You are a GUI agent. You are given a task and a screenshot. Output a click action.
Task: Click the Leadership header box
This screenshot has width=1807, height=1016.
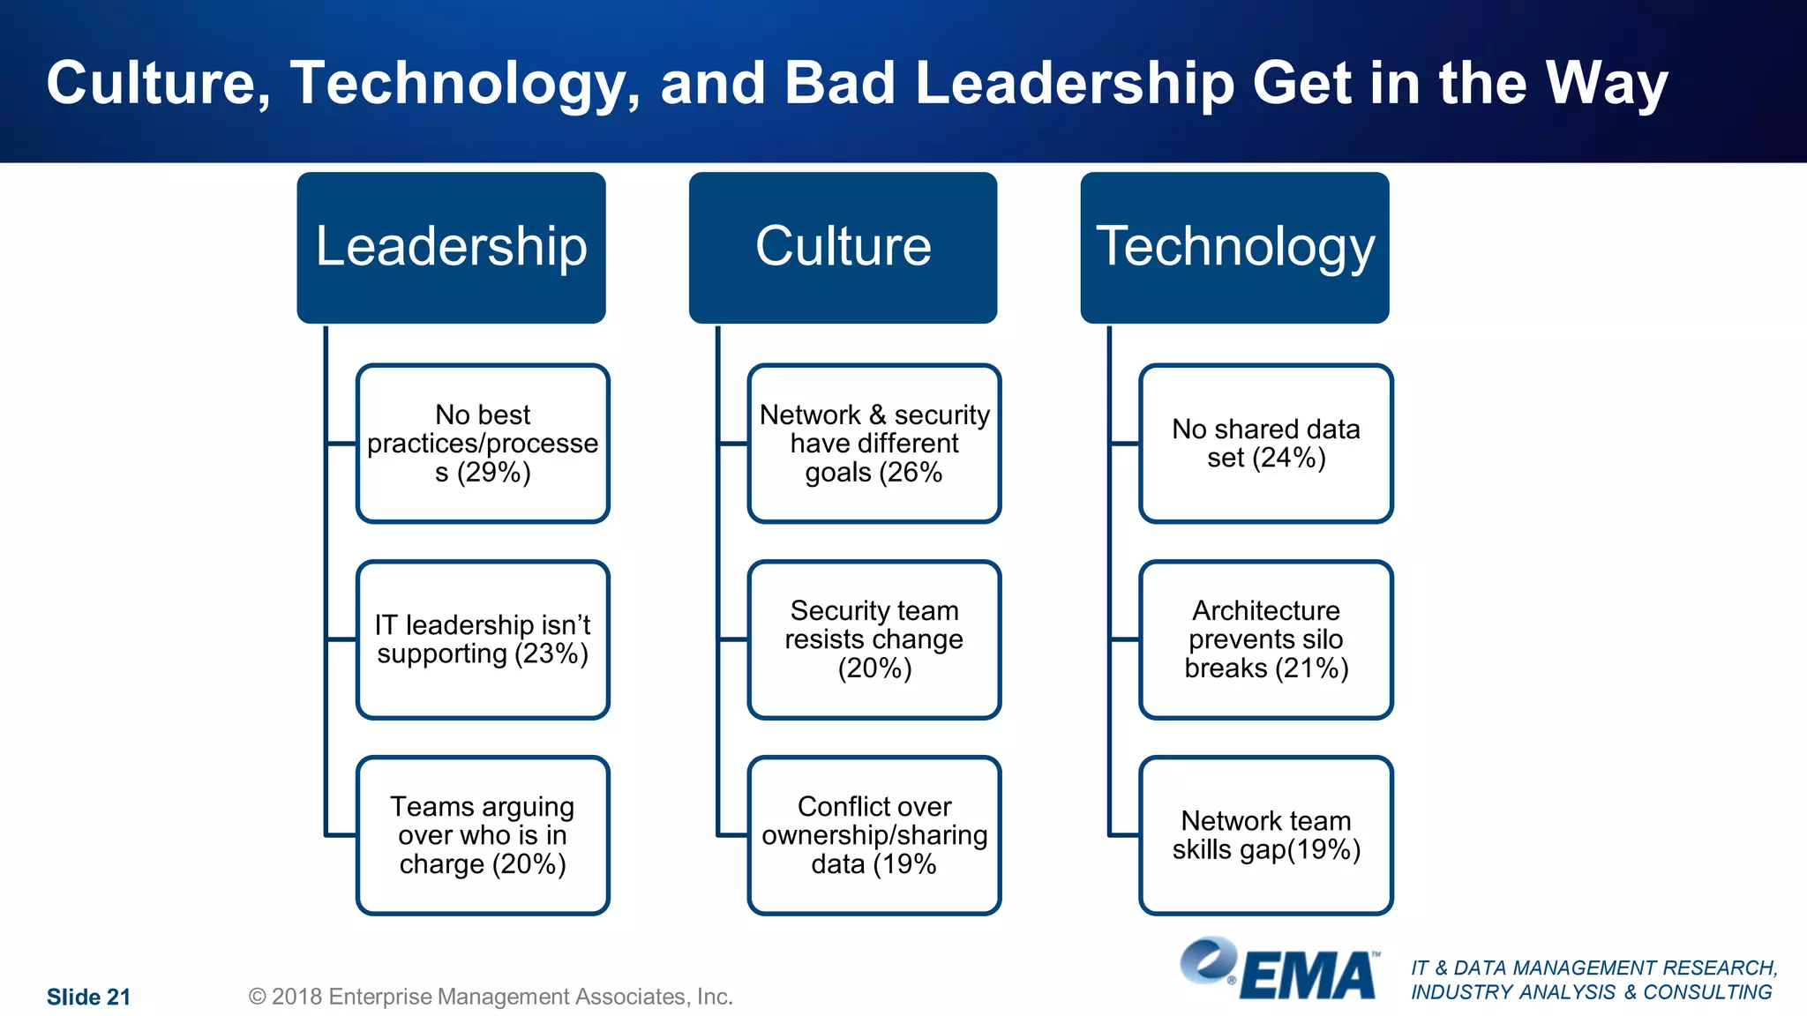coord(451,247)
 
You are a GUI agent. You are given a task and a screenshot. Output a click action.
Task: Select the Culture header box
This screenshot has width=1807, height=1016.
coord(843,247)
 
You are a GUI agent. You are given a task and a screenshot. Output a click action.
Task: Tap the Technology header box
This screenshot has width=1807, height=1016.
coord(1234,247)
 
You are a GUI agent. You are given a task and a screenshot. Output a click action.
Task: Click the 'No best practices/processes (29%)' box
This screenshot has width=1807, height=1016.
coord(483,443)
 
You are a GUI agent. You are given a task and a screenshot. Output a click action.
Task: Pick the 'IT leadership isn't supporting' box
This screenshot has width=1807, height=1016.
coord(483,639)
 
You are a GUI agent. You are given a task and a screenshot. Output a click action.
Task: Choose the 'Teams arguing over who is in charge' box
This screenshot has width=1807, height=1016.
coord(483,835)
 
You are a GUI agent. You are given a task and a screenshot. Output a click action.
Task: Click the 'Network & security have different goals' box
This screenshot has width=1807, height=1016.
coord(874,443)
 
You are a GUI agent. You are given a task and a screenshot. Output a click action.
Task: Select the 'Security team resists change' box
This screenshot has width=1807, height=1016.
coord(874,639)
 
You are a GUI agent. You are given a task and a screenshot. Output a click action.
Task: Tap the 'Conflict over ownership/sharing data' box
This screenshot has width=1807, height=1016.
coord(874,835)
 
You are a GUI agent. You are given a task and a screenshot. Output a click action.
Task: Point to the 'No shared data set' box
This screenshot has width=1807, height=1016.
coord(1266,443)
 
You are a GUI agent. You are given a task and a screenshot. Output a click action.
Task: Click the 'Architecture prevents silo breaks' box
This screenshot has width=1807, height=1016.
coord(1266,639)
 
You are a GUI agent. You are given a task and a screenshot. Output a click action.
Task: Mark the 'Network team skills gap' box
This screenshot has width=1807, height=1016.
coord(1266,835)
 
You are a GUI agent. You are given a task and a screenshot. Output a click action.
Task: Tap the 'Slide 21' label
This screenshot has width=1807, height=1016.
coord(88,997)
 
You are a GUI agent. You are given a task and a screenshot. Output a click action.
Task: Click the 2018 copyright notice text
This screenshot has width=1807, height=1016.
coord(491,997)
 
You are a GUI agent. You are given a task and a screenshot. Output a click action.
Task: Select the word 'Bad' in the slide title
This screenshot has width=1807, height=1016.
coord(839,84)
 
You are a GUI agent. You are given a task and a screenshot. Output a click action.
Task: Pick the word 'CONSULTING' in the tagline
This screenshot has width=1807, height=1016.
coord(1707,992)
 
